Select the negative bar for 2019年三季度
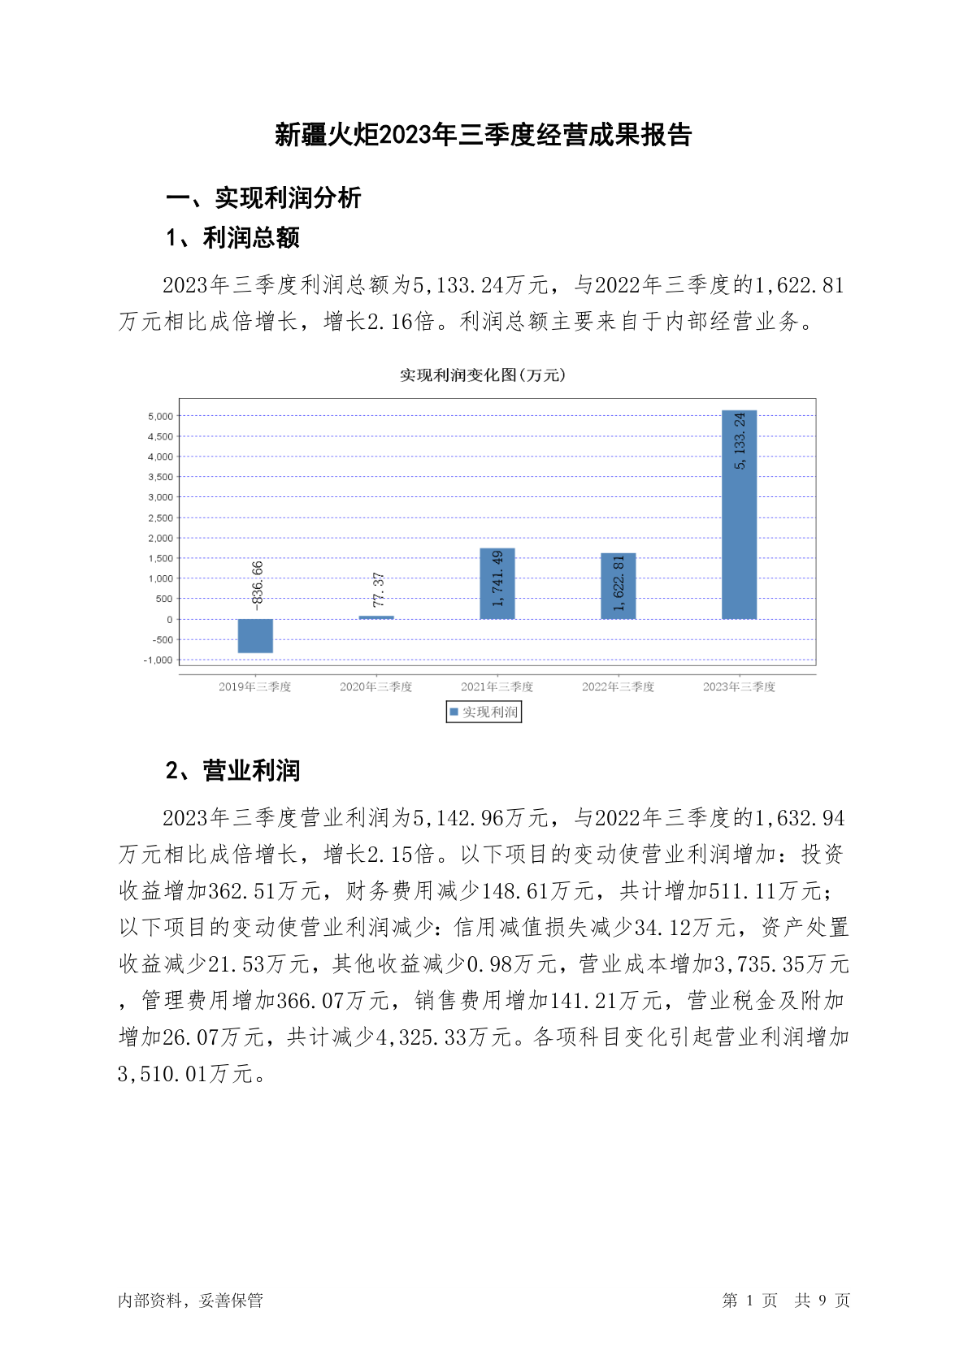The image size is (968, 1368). click(x=255, y=635)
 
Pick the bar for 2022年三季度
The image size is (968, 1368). click(x=618, y=586)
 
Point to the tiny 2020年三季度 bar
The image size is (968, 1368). click(x=376, y=617)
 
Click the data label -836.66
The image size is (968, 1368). click(x=258, y=585)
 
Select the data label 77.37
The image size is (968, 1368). click(x=378, y=590)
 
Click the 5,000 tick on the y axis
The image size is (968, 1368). click(x=160, y=416)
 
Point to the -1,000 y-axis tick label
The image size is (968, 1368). click(x=158, y=660)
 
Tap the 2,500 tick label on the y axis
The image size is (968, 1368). click(x=160, y=517)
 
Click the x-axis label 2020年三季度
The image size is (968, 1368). click(x=375, y=687)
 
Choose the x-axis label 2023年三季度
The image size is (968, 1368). click(x=739, y=687)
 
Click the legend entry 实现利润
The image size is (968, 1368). click(x=484, y=712)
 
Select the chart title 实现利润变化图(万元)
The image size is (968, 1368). click(x=483, y=375)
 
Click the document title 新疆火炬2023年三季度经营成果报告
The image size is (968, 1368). click(x=483, y=135)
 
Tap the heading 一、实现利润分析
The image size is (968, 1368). click(x=263, y=197)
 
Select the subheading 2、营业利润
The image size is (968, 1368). click(x=232, y=770)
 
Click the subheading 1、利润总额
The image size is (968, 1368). click(x=232, y=238)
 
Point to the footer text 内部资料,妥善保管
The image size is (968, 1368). click(x=190, y=1301)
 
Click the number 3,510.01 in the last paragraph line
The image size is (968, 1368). click(x=163, y=1074)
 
